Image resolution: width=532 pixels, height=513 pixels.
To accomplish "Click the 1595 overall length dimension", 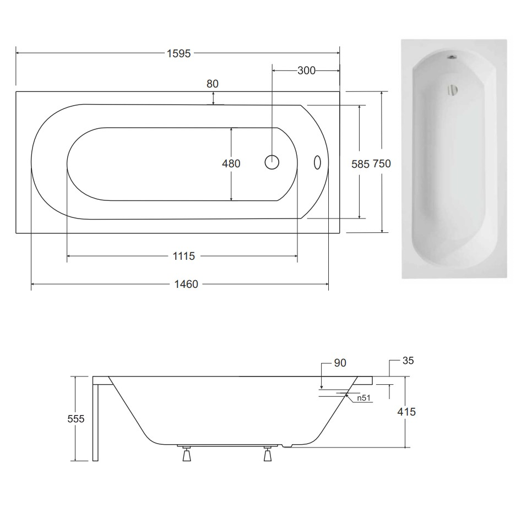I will (x=179, y=53).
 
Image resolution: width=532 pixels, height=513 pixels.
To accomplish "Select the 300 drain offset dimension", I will (x=306, y=70).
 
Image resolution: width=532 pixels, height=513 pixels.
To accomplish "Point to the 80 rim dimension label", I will (x=213, y=84).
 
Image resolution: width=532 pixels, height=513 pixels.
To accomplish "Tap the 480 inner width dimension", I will (x=231, y=163).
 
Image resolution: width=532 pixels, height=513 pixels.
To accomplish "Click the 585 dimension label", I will (x=361, y=163).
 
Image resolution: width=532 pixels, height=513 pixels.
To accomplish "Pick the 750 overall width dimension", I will (x=382, y=163).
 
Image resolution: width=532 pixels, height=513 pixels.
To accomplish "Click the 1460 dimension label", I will (x=186, y=284).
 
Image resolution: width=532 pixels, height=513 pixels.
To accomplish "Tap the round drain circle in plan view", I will (x=273, y=162).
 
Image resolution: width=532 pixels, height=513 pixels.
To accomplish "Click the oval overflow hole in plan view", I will (x=317, y=162).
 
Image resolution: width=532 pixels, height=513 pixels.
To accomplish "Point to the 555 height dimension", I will (x=76, y=419).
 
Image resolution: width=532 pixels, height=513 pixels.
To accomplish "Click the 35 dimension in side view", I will (x=408, y=361).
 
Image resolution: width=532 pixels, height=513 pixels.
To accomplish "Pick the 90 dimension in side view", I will (x=340, y=363).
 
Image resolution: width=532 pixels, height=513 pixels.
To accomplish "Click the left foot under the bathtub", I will (x=186, y=455).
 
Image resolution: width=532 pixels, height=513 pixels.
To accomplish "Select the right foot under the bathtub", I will (x=268, y=455).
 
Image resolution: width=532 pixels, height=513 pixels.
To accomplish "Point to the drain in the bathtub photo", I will (x=452, y=90).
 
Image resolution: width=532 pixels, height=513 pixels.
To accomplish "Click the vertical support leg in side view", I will (x=96, y=422).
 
